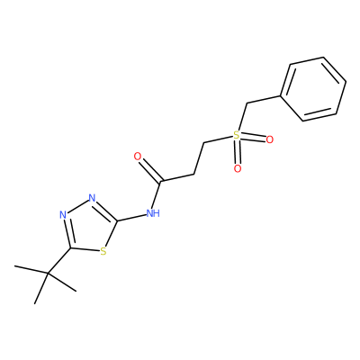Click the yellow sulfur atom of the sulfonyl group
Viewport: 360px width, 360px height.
click(237, 135)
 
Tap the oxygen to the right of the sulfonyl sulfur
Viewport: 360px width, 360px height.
click(270, 139)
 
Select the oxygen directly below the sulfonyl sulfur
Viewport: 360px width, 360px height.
click(238, 168)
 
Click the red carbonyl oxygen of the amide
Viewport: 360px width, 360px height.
click(138, 157)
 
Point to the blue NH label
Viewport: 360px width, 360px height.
click(153, 213)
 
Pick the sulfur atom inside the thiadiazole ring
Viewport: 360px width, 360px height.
click(103, 251)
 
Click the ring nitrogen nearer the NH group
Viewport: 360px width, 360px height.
click(92, 198)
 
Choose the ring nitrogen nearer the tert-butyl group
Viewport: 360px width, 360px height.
click(63, 215)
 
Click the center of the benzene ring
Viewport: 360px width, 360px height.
click(313, 89)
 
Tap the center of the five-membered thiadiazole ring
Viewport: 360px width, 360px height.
click(89, 227)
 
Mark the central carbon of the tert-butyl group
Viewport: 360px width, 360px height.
click(48, 273)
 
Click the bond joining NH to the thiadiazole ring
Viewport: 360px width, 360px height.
click(131, 218)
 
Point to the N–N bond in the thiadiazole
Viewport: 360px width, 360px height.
click(77, 206)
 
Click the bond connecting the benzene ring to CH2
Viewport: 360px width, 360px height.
click(264, 100)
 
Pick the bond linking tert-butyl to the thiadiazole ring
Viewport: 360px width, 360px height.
click(59, 261)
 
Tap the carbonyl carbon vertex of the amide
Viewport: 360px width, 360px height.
click(161, 181)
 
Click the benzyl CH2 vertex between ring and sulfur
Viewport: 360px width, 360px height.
click(246, 104)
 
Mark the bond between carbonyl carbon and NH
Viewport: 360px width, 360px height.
click(157, 194)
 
